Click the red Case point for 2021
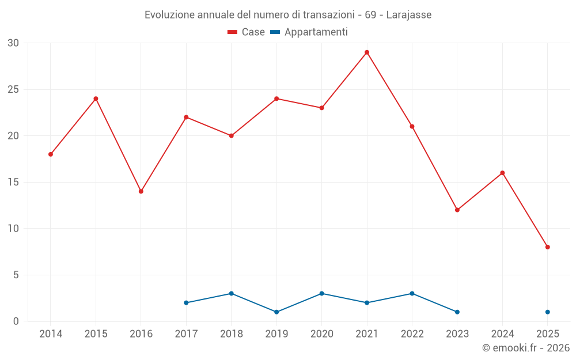point(367,52)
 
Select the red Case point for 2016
point(141,191)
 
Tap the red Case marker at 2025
point(548,247)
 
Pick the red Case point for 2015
point(96,98)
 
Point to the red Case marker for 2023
point(457,210)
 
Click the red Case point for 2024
point(502,173)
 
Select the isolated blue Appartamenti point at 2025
point(548,312)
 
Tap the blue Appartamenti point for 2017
point(186,302)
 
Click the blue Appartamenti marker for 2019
point(276,312)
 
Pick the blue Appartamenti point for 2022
point(412,293)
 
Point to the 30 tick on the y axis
point(13,43)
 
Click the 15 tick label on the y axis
point(13,182)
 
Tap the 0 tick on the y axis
point(16,321)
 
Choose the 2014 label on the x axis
point(51,334)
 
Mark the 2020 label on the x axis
point(321,334)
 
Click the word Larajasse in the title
point(408,15)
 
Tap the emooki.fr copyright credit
point(525,348)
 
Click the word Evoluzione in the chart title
point(170,15)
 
